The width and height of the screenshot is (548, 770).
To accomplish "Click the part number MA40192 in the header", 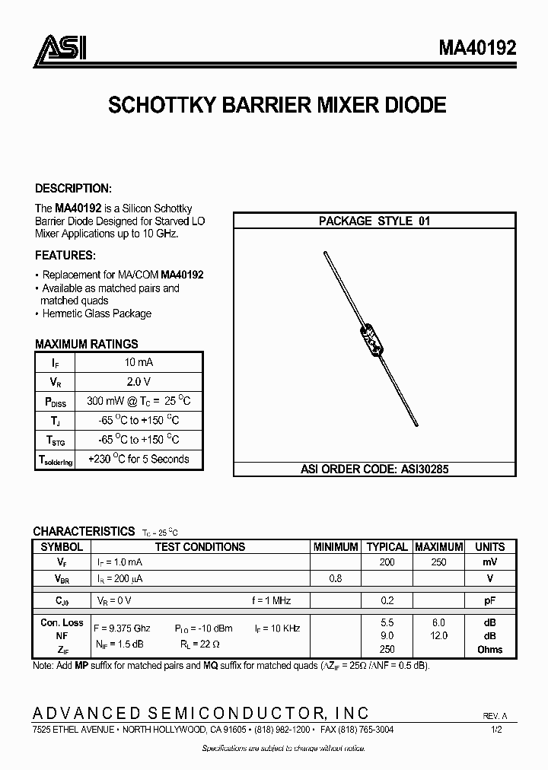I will tap(476, 49).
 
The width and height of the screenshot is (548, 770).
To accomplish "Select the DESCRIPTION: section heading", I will tap(74, 189).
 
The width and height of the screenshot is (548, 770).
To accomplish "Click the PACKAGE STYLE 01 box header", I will tap(374, 221).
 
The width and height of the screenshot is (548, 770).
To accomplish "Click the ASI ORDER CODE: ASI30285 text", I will tap(374, 469).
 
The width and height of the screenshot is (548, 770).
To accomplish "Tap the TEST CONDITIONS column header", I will tap(200, 546).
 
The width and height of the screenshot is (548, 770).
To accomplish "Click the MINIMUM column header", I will tap(336, 546).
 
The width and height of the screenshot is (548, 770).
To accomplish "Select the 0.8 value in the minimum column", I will tap(335, 579).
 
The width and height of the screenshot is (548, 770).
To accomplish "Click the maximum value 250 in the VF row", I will tap(438, 562).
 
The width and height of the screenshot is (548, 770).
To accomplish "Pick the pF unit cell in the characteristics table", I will tap(489, 600).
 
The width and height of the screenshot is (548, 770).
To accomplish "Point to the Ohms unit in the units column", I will tap(489, 649).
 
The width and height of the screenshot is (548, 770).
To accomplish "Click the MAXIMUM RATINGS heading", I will tap(87, 344).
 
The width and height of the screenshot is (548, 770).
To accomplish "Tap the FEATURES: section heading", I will tap(65, 255).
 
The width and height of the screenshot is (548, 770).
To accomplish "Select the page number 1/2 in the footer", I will tap(497, 729).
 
